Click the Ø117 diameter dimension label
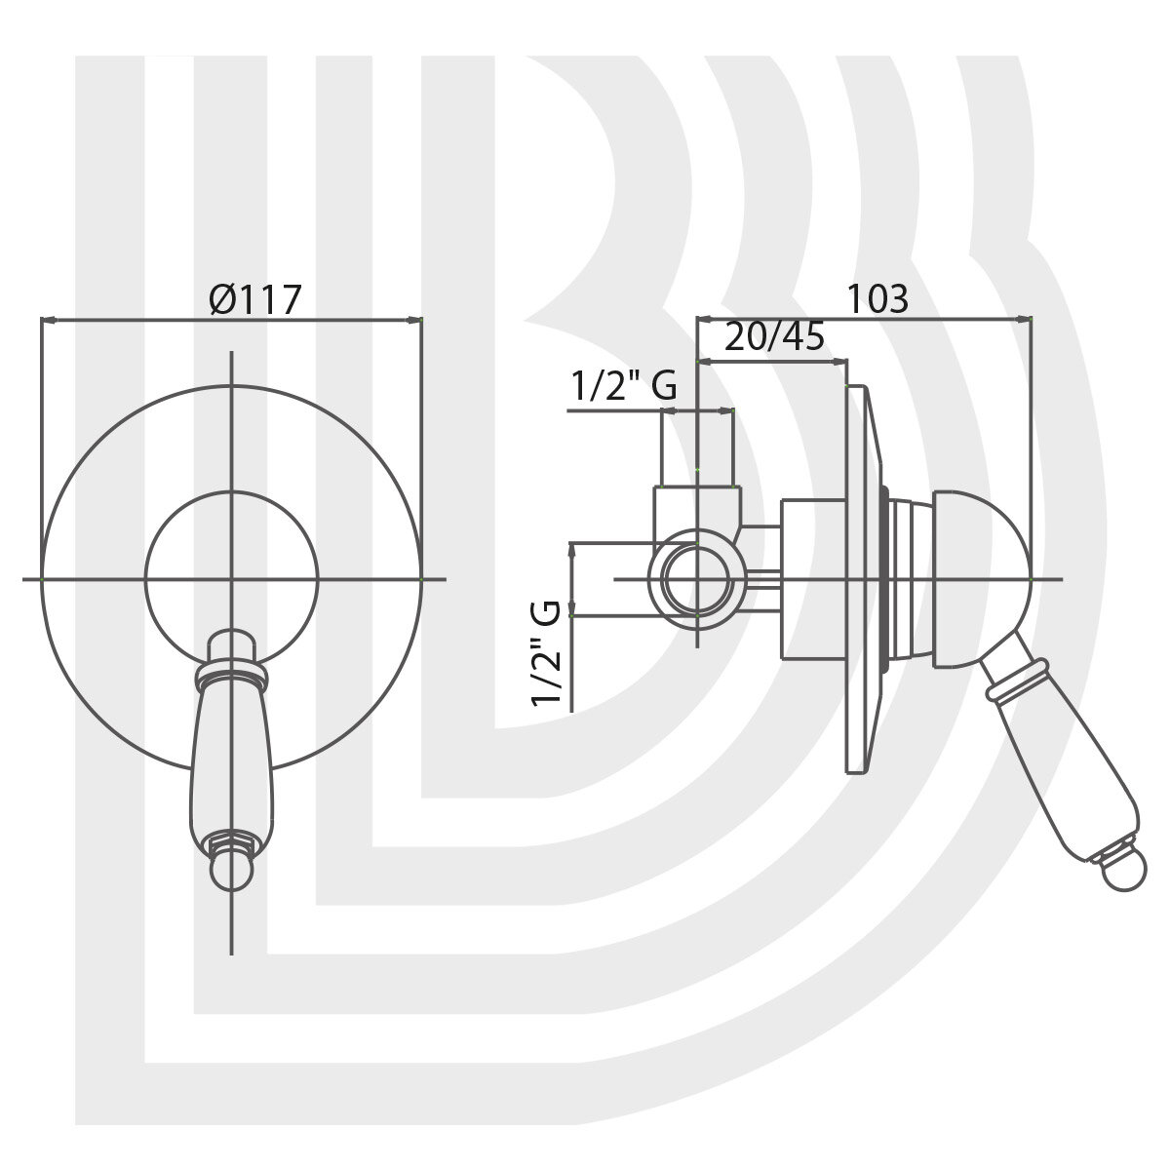255,299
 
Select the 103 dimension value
877,298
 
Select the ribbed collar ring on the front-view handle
231,676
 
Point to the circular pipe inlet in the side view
696,578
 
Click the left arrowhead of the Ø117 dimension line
49,320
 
